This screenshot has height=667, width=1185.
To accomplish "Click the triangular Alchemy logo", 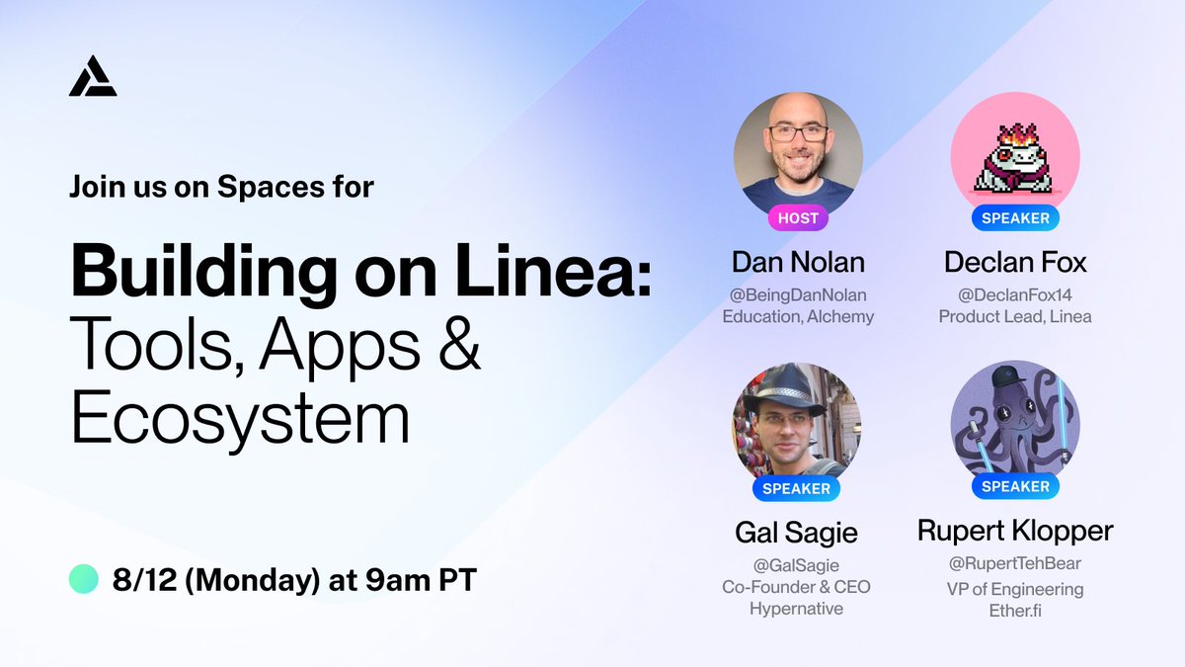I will [93, 76].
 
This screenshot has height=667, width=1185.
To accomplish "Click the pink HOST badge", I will [797, 217].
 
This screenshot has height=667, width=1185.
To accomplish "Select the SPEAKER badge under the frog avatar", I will [1014, 217].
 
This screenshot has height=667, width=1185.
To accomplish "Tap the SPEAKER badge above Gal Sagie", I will [797, 488].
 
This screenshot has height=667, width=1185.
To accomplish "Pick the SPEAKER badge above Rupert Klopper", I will [1015, 486].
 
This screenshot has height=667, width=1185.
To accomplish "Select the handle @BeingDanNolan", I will [798, 294].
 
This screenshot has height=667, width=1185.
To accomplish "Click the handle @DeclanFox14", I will [1014, 294].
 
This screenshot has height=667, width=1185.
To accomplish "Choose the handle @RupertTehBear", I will [1015, 564].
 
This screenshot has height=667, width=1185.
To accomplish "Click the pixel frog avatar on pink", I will [1015, 158].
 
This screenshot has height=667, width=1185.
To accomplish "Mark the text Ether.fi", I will [1015, 611].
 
